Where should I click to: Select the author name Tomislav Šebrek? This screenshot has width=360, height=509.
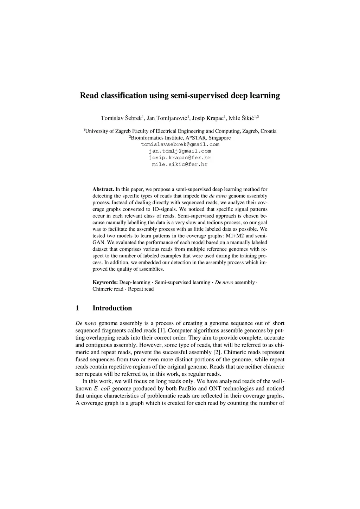(x=121, y=118)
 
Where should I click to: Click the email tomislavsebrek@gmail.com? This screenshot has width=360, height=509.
(x=180, y=144)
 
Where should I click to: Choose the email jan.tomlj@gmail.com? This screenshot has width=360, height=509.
(x=180, y=151)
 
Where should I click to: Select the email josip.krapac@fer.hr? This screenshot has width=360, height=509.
(x=180, y=158)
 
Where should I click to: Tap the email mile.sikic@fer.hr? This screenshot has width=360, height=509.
(x=180, y=165)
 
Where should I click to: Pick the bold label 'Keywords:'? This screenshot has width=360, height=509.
(x=105, y=282)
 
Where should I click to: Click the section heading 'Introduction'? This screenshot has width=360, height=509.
(x=112, y=308)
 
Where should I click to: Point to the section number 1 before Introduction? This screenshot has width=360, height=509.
(x=77, y=308)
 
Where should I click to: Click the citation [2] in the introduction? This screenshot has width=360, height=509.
(x=217, y=352)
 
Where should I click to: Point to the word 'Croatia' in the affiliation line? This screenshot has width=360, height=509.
(x=268, y=131)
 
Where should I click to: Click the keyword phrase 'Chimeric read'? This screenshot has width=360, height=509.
(x=108, y=289)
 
